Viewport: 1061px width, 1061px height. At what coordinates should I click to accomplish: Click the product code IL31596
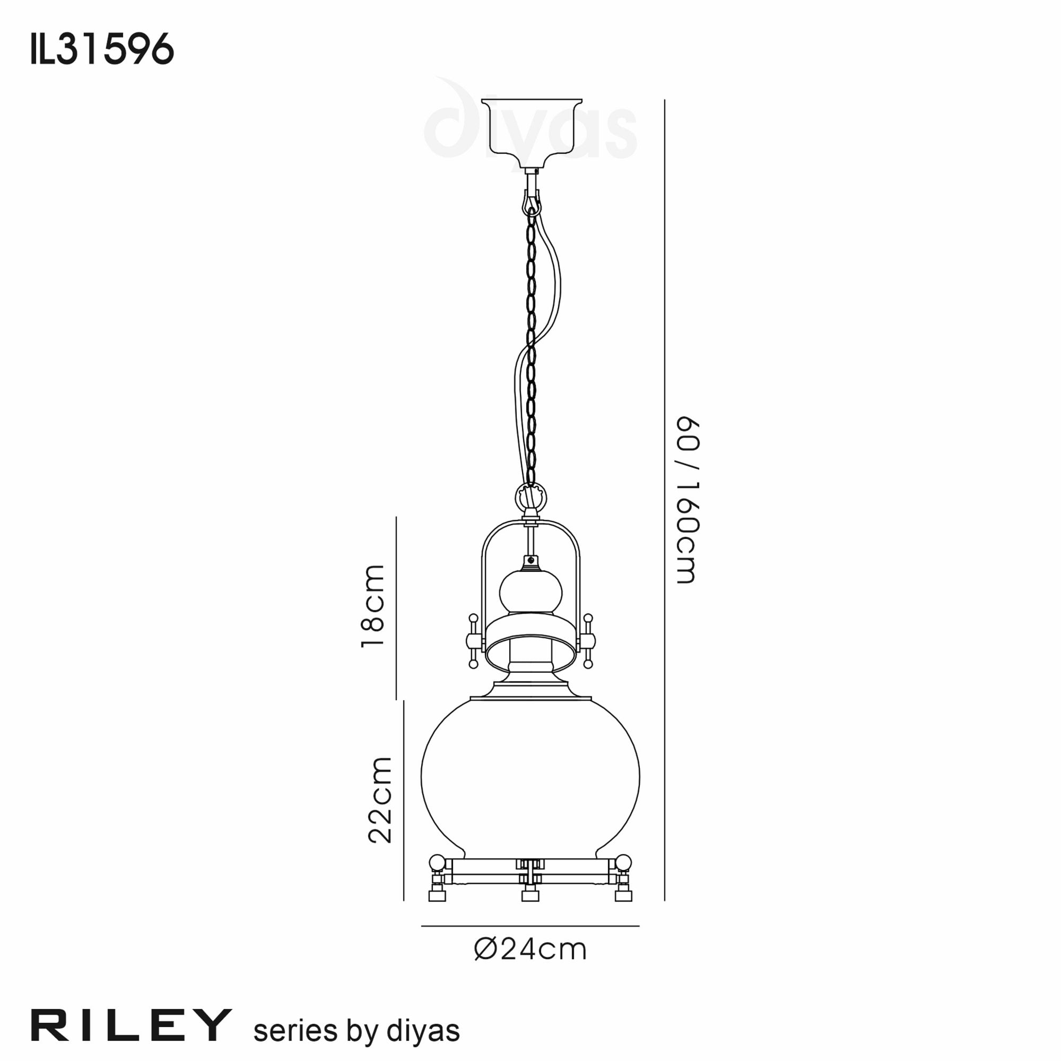click(103, 49)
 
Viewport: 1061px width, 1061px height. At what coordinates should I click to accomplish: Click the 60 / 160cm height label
click(687, 500)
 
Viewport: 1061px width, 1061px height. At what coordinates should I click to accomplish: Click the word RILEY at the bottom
click(131, 1025)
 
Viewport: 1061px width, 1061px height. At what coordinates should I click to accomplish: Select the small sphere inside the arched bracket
click(530, 593)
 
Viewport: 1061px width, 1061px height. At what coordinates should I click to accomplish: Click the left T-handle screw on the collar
click(473, 640)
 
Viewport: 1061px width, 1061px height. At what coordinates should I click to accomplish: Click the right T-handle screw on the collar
click(588, 640)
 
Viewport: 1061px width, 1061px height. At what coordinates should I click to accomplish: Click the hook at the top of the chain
click(531, 202)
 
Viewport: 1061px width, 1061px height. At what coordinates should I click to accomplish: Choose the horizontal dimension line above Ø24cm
click(530, 926)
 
